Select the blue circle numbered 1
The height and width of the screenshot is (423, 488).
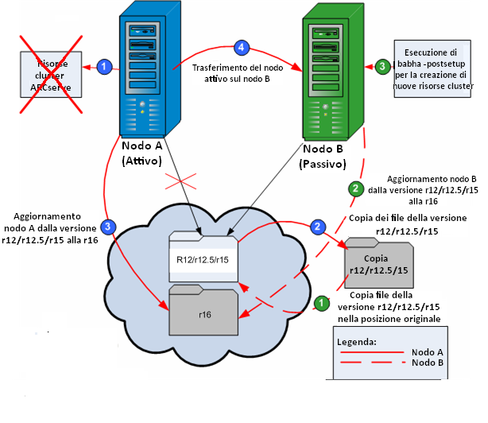coord(103,67)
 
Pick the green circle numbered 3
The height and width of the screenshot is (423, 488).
coord(382,66)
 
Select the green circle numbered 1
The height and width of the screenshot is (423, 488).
coord(321,303)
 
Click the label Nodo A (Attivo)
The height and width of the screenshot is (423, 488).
coord(143,153)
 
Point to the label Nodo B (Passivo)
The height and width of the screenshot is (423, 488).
coord(324,157)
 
